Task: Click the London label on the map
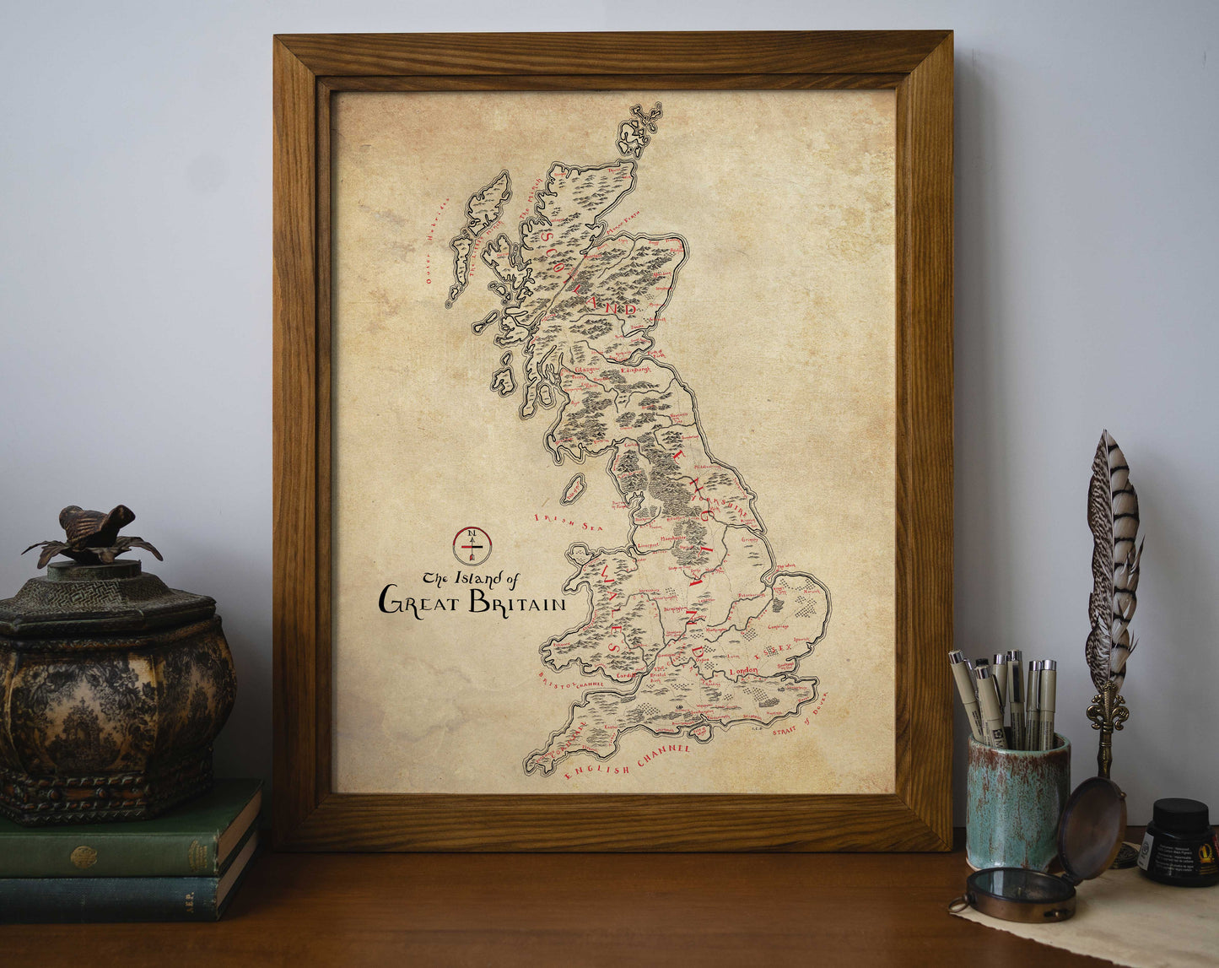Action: [743, 671]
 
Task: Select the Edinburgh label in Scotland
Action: [637, 369]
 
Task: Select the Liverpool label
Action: [647, 546]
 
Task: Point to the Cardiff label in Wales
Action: [624, 675]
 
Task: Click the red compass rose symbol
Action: [472, 545]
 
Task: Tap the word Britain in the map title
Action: [516, 603]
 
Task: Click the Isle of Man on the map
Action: [574, 489]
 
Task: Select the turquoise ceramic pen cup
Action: [1017, 802]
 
